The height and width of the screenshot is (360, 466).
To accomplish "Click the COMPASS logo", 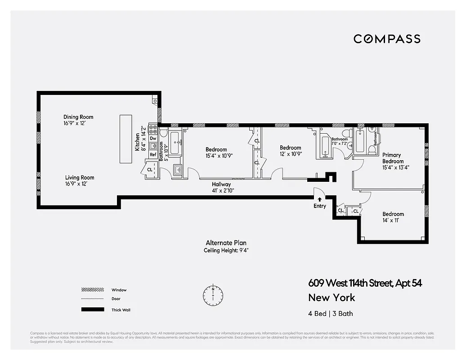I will [387, 39].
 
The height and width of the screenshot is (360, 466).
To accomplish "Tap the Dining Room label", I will [78, 117].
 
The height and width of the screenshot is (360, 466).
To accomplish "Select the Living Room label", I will [80, 178].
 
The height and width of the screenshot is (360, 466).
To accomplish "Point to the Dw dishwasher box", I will [153, 139].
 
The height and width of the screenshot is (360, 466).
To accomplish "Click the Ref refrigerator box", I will [153, 154].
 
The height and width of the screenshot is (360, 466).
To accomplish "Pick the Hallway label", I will [221, 184].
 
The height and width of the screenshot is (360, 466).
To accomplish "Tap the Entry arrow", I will [319, 198].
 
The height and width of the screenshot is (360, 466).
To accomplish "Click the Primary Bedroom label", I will [393, 158].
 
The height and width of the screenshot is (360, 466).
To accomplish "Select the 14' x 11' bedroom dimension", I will [393, 220].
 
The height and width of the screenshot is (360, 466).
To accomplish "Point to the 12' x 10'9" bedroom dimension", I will [290, 154].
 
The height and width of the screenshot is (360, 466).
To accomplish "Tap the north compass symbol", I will [213, 295].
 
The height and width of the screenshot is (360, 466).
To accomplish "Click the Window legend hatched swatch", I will [93, 290].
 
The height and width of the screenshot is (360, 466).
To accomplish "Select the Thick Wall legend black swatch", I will [93, 310].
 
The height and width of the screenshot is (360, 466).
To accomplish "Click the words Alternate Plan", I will [226, 243].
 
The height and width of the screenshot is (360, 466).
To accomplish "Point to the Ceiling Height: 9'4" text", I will [226, 250].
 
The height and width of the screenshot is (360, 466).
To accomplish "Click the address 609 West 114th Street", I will [351, 283].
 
